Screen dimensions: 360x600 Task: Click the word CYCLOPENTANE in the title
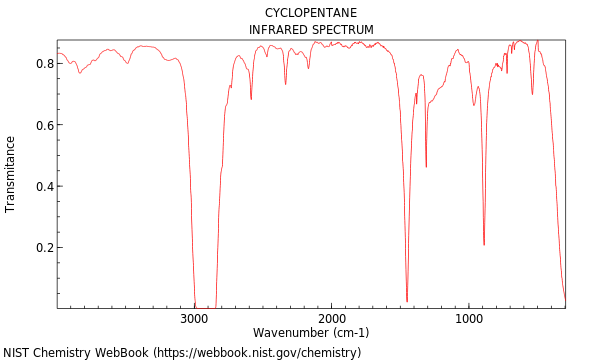(311, 13)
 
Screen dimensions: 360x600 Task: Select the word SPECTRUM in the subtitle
(342, 30)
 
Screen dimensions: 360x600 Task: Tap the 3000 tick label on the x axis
(194, 319)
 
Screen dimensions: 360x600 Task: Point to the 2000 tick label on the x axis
(331, 319)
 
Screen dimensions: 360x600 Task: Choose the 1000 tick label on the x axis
(468, 319)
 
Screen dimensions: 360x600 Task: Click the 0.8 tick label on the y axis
(44, 63)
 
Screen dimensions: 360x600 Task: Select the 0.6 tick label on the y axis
(44, 125)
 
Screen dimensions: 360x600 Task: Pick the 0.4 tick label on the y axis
(44, 186)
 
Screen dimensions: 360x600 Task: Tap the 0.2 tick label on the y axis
(44, 248)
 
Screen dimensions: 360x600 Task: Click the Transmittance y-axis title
(11, 174)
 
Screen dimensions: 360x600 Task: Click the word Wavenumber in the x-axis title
(289, 333)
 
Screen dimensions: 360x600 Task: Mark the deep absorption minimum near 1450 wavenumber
(407, 300)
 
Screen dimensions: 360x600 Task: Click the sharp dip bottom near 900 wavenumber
(484, 244)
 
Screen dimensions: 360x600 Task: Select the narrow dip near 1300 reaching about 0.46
(426, 166)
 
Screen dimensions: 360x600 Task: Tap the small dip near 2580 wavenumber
(251, 98)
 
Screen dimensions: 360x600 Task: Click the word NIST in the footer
(17, 353)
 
